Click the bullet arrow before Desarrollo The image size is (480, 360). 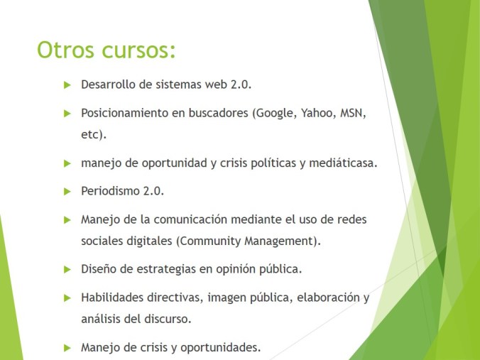click(x=67, y=84)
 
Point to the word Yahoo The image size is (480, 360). click(x=319, y=113)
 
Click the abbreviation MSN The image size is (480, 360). click(x=353, y=113)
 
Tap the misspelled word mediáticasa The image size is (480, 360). click(x=342, y=163)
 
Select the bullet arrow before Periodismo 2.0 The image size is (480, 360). click(x=67, y=191)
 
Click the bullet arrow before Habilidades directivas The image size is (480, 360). click(x=67, y=298)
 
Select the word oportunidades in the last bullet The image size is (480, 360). click(x=226, y=347)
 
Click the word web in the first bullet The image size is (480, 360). click(x=214, y=84)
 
